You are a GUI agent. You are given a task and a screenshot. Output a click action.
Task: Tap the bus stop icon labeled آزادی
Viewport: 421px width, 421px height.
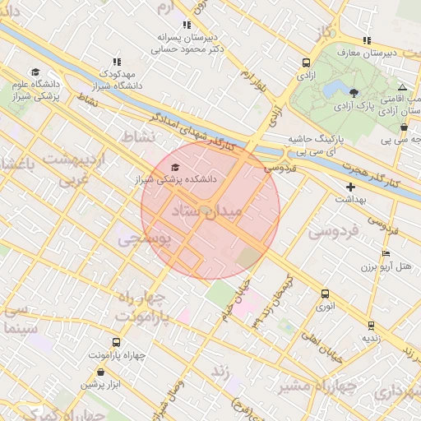(x=307, y=62)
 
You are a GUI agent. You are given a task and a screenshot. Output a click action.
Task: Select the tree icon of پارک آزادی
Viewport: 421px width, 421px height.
(x=354, y=93)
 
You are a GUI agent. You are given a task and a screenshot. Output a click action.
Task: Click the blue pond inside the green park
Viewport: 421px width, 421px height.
(x=335, y=87)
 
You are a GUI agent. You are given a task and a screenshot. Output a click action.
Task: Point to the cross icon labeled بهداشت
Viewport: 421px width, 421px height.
(x=351, y=187)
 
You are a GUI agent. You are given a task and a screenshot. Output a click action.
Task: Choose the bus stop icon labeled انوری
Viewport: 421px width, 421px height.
(x=325, y=294)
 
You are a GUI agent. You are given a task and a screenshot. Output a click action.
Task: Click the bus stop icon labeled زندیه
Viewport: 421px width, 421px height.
(x=371, y=326)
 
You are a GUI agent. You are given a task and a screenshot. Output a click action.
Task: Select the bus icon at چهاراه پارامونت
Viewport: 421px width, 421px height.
(x=115, y=342)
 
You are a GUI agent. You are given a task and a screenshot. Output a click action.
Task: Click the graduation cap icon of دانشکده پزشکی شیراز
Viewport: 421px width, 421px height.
(x=174, y=167)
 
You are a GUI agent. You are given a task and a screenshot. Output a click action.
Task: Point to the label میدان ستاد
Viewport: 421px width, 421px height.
(x=210, y=212)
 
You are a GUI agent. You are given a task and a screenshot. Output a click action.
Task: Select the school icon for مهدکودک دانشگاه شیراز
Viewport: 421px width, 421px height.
(x=117, y=62)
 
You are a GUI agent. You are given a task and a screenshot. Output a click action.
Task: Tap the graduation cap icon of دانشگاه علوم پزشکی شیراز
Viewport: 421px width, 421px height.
(x=35, y=72)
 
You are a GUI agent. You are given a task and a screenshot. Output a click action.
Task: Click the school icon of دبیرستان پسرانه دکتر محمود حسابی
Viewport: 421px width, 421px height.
(x=187, y=25)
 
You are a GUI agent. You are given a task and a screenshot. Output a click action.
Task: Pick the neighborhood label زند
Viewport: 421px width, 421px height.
(x=220, y=372)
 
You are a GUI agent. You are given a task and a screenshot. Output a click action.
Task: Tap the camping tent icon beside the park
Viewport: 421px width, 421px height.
(x=402, y=87)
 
